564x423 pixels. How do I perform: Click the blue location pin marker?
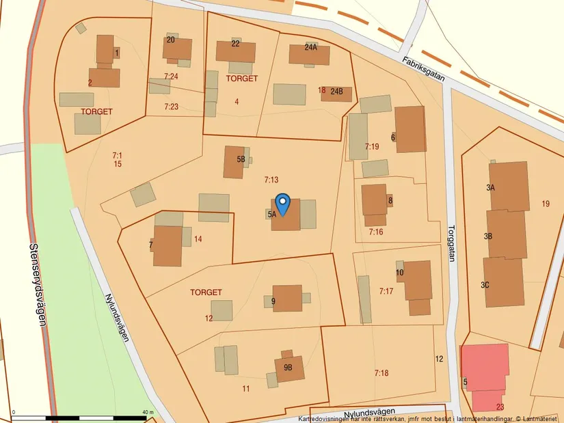click(282, 203)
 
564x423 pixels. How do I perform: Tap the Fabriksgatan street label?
click(423, 69)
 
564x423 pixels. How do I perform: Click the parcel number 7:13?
click(271, 180)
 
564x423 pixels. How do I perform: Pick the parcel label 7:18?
click(381, 372)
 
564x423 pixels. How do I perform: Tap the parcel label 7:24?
click(171, 76)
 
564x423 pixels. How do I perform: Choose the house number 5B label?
click(241, 159)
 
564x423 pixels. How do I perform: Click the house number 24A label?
click(311, 47)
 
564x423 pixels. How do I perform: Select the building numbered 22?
click(236, 52)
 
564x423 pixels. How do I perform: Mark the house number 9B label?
click(288, 367)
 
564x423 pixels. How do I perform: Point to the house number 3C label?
click(485, 285)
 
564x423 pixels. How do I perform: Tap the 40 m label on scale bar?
click(148, 412)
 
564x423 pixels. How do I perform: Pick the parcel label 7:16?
click(376, 232)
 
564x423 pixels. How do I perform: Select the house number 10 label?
click(400, 273)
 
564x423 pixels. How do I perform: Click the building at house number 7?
click(167, 245)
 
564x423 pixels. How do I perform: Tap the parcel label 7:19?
click(372, 146)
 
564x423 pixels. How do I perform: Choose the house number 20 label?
click(170, 40)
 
